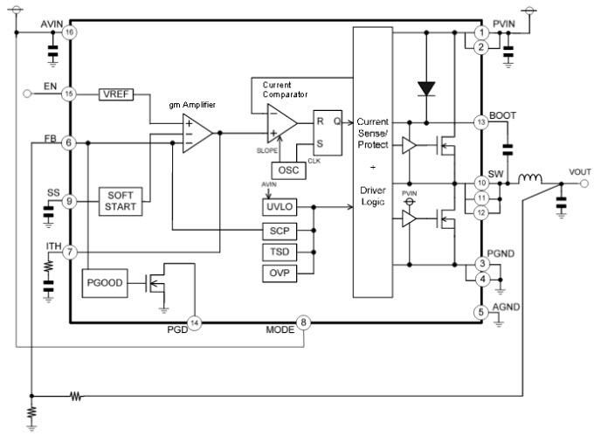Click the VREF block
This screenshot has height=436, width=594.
pyautogui.click(x=115, y=93)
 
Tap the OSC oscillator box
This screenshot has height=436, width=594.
pyautogui.click(x=288, y=170)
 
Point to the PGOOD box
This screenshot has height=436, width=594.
pyautogui.click(x=105, y=284)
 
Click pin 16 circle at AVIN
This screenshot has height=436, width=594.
pyautogui.click(x=69, y=32)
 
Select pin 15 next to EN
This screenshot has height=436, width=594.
pyautogui.click(x=69, y=93)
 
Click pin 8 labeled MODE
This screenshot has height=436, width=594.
pyautogui.click(x=304, y=322)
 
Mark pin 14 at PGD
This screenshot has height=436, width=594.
pyautogui.click(x=195, y=322)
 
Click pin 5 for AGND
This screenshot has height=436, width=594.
pyautogui.click(x=480, y=311)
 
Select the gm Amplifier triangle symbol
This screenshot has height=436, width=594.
pyautogui.click(x=197, y=133)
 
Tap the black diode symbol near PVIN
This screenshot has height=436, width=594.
pyautogui.click(x=425, y=87)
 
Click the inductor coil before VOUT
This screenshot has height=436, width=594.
pyautogui.click(x=529, y=183)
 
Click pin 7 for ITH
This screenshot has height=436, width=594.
pyautogui.click(x=69, y=253)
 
